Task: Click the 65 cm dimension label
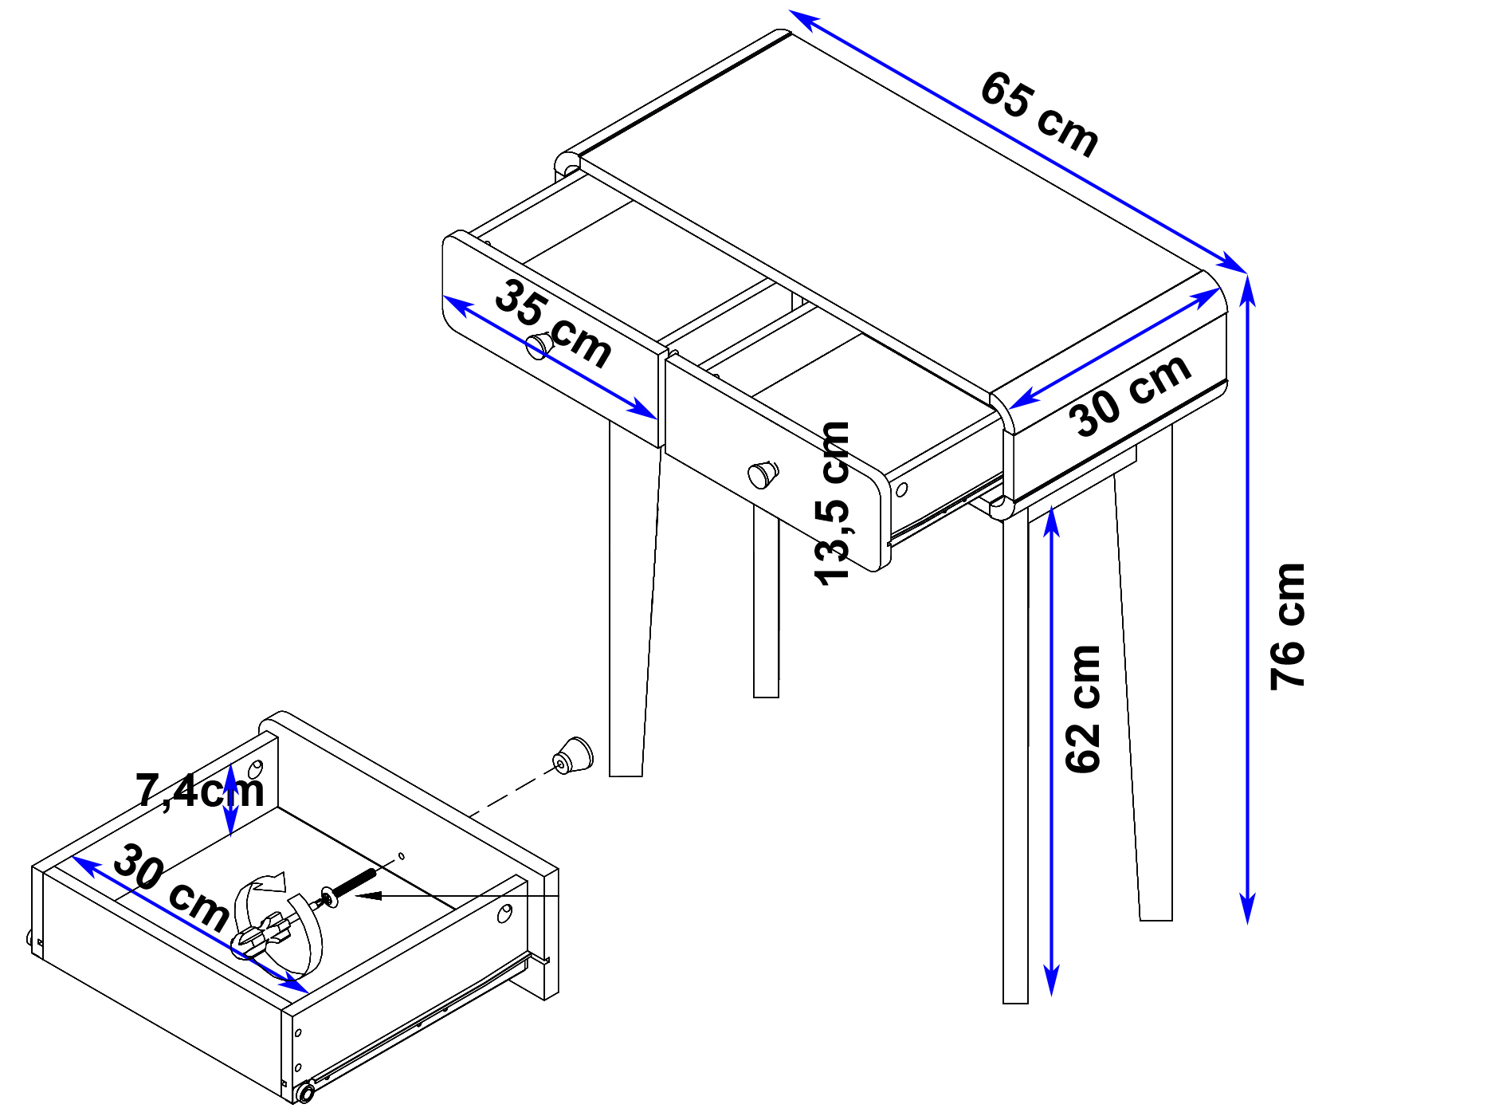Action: click(x=1039, y=113)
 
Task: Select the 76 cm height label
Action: click(x=1288, y=627)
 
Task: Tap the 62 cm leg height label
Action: click(x=1082, y=709)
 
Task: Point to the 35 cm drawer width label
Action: click(x=553, y=323)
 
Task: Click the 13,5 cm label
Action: click(x=833, y=504)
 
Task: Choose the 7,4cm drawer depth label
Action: click(x=200, y=791)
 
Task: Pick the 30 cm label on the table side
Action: click(x=1130, y=395)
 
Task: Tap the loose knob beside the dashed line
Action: click(x=574, y=756)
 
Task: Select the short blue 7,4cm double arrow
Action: click(x=230, y=799)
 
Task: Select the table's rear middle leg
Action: click(x=766, y=602)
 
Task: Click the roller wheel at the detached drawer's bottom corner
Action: click(x=304, y=1092)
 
